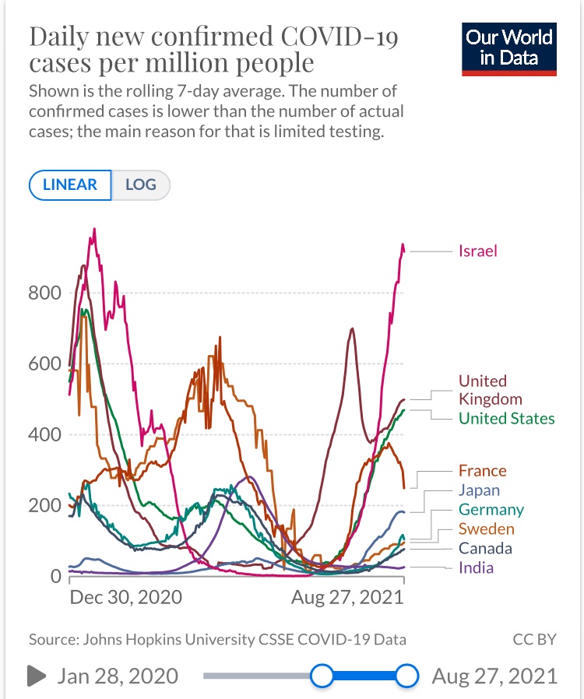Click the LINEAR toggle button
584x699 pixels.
[x=70, y=185]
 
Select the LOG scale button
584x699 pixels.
[x=140, y=185]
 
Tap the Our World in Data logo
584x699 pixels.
[x=509, y=47]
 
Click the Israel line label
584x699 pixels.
[x=477, y=251]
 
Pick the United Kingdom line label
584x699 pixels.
[x=490, y=390]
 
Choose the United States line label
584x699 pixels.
[x=506, y=419]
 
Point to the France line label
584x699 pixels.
[x=482, y=471]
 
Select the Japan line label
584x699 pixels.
[x=479, y=490]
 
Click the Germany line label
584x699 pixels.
[x=491, y=510]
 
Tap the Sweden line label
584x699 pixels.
[x=486, y=529]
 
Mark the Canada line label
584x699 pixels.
[x=485, y=549]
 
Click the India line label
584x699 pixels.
[x=476, y=568]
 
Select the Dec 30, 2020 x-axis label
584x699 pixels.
[x=125, y=597]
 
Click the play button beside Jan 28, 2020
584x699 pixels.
[x=36, y=675]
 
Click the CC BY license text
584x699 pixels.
[x=534, y=640]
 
